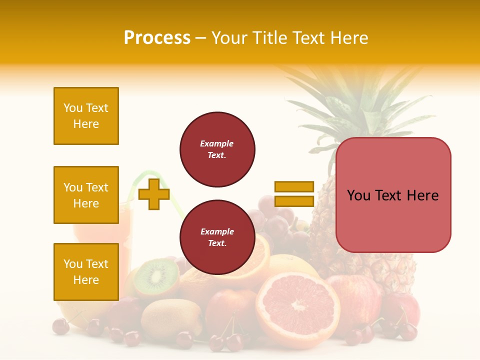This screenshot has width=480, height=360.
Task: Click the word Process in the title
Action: tap(157, 38)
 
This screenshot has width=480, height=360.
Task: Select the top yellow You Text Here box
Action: tap(86, 116)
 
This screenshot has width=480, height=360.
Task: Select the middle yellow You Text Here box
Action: tap(86, 195)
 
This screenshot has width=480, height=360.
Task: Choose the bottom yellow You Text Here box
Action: tap(86, 272)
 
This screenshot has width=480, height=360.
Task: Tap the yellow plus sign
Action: tap(154, 194)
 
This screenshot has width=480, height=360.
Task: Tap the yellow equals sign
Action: tap(294, 194)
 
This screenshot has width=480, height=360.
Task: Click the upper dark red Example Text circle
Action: tap(217, 149)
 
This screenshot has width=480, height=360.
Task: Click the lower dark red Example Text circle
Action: tap(217, 237)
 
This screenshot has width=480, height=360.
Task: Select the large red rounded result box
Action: tap(393, 195)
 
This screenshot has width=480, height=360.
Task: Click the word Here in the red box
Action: tap(422, 195)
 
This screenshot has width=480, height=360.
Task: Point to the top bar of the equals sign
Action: tap(294, 187)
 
